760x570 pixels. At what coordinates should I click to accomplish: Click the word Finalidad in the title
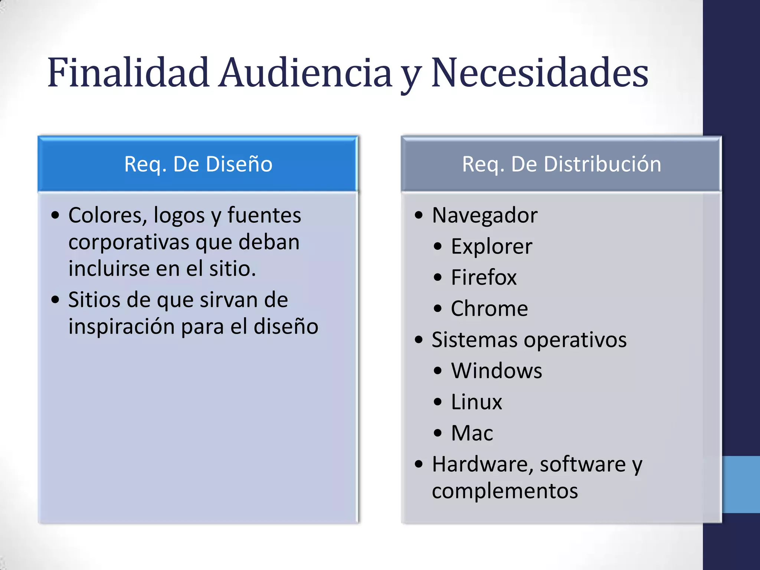(128, 73)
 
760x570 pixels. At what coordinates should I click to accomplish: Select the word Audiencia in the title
(305, 73)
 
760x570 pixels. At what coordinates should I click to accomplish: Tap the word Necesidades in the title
(540, 73)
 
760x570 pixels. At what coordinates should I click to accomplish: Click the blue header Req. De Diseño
(198, 164)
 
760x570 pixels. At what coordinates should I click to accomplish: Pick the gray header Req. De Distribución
(561, 164)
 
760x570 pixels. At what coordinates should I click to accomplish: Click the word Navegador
(485, 215)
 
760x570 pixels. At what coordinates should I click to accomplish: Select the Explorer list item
(491, 246)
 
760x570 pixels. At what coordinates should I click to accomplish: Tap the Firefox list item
(484, 277)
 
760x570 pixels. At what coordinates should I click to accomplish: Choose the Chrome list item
(489, 308)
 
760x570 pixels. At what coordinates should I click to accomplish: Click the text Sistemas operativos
(529, 340)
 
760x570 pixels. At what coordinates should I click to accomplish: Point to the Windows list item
(497, 371)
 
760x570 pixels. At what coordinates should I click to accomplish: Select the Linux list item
(476, 402)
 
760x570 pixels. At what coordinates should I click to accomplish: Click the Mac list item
(472, 433)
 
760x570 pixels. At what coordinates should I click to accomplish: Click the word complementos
(505, 491)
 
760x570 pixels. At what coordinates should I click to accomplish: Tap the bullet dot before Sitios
(55, 300)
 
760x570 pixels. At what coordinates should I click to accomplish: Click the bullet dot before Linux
(438, 402)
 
